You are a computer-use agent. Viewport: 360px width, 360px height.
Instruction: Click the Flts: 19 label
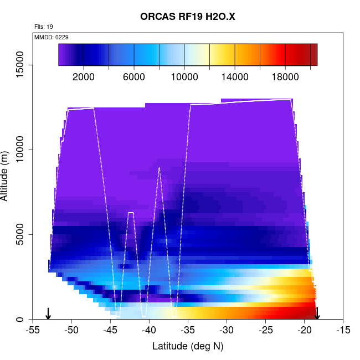pyautogui.click(x=44, y=26)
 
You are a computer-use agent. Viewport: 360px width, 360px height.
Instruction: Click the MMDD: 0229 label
pyautogui.click(x=51, y=37)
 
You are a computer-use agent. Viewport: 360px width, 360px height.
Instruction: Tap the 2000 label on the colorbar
pyautogui.click(x=84, y=77)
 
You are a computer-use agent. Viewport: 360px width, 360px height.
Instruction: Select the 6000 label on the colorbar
pyautogui.click(x=134, y=77)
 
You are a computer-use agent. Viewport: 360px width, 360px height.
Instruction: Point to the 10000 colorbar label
pyautogui.click(x=184, y=77)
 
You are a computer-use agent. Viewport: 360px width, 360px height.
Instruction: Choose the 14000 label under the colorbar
pyautogui.click(x=235, y=77)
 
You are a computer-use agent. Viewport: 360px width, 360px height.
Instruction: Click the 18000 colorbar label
pyautogui.click(x=285, y=77)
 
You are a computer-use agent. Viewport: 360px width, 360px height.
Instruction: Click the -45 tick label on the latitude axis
pyautogui.click(x=111, y=330)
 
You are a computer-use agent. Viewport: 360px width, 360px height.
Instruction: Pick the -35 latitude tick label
pyautogui.click(x=188, y=330)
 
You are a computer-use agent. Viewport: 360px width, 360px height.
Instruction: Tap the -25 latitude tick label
pyautogui.click(x=266, y=330)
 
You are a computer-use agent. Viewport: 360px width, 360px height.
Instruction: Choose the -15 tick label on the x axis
pyautogui.click(x=343, y=330)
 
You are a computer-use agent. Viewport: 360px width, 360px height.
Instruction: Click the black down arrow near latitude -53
pyautogui.click(x=48, y=313)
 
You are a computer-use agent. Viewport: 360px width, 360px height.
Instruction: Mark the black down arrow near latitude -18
pyautogui.click(x=317, y=313)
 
